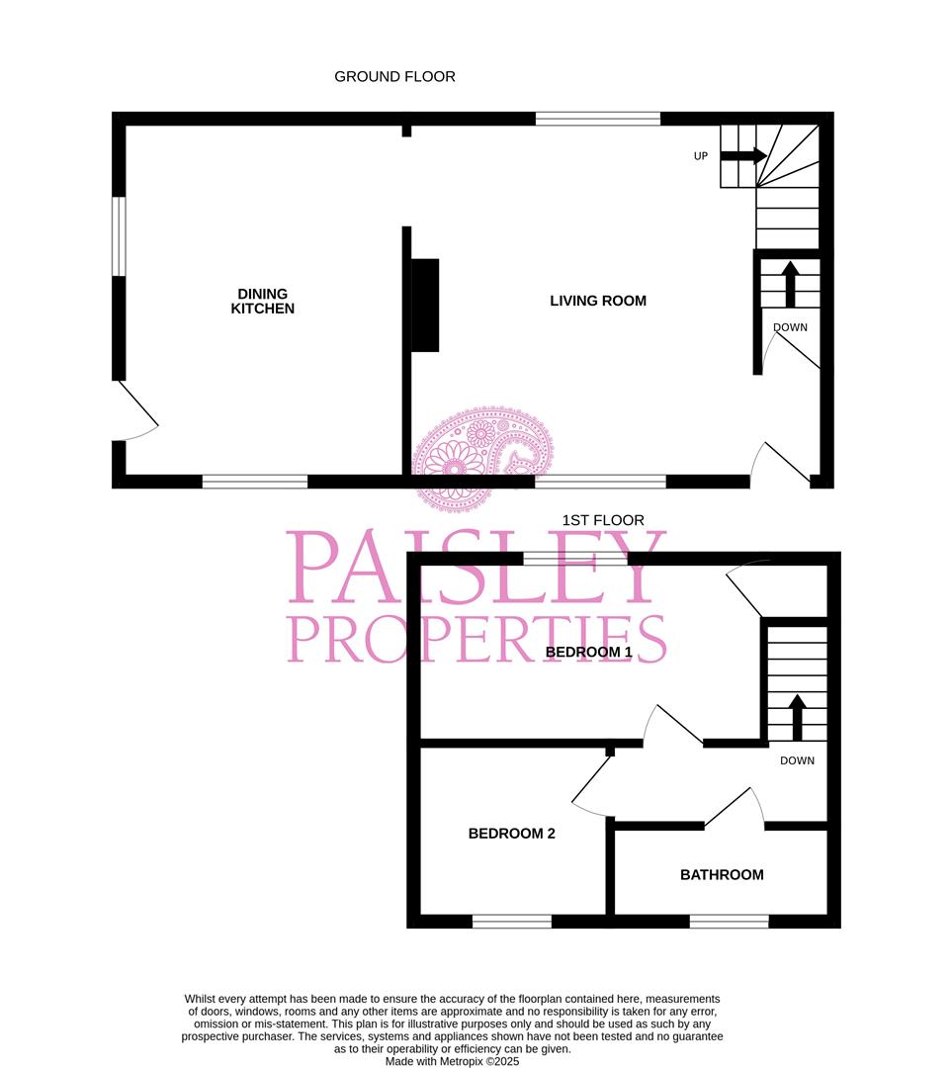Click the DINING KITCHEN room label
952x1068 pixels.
tap(262, 301)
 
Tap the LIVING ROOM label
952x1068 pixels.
tap(598, 301)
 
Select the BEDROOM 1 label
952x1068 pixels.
tap(588, 653)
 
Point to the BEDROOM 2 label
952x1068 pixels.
tap(511, 834)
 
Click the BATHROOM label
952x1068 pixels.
tap(722, 874)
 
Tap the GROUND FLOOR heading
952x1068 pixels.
tap(394, 76)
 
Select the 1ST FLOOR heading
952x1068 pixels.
tap(603, 520)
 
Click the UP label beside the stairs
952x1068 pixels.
tap(701, 155)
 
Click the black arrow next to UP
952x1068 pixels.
tap(743, 155)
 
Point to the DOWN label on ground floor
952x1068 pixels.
tap(790, 327)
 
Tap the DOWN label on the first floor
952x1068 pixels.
tap(797, 760)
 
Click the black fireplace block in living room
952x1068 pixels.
tap(425, 305)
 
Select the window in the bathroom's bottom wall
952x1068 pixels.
tap(729, 922)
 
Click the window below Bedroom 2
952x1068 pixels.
tap(511, 922)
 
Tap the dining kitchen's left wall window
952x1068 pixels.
tap(119, 236)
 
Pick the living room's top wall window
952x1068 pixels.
tap(598, 119)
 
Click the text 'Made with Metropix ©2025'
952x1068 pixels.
tap(452, 1061)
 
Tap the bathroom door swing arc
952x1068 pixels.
tap(736, 804)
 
